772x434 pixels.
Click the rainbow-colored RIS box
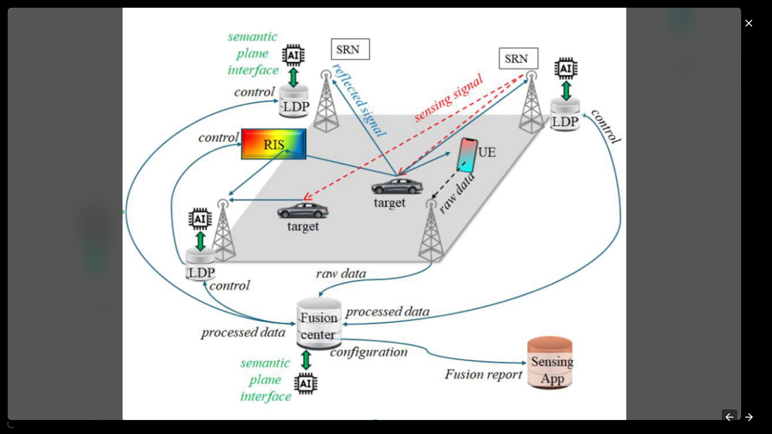(x=274, y=144)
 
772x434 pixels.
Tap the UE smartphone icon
(x=467, y=155)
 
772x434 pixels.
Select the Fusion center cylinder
(x=318, y=324)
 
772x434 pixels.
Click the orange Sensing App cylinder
(x=550, y=363)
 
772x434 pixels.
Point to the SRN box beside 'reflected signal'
(x=350, y=49)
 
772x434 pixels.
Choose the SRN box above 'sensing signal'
(x=518, y=58)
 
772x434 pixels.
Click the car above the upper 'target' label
(x=397, y=186)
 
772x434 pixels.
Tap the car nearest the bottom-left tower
(x=303, y=210)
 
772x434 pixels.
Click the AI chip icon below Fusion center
(x=306, y=384)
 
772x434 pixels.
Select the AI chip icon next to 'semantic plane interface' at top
(x=293, y=55)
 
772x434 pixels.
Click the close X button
(x=748, y=23)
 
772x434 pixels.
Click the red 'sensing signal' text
(x=448, y=98)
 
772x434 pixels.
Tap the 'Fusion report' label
(x=483, y=375)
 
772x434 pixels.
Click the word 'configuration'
(x=369, y=353)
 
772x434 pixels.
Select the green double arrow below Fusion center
(x=306, y=360)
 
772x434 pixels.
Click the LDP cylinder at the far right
(x=565, y=116)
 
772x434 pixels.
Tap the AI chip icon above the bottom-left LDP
(x=200, y=219)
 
